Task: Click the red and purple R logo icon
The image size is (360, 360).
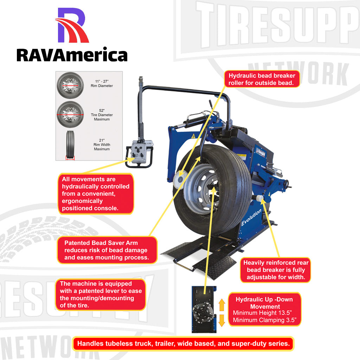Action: point(72,25)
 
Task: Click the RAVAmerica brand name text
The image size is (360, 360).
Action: point(72,55)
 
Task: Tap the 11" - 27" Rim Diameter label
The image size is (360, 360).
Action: point(97,83)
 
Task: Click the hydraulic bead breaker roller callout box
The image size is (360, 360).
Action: point(262,79)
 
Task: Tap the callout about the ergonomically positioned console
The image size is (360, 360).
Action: point(95,194)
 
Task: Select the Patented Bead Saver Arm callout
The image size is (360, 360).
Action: point(106,250)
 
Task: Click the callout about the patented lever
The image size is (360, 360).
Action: point(100,295)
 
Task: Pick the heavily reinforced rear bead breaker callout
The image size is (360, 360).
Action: point(276,270)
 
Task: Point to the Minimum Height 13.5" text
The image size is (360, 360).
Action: point(262,313)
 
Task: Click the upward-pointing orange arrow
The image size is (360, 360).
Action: point(222,305)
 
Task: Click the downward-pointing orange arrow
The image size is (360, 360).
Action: point(222,320)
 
